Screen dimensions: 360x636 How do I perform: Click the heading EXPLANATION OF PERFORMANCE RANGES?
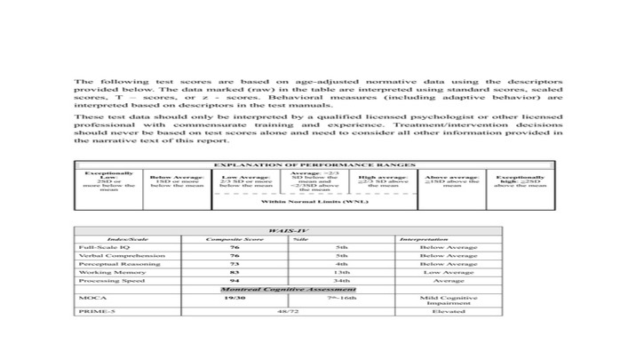(x=315, y=165)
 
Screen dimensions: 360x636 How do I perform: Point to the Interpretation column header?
(x=423, y=239)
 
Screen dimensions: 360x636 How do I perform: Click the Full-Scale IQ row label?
(x=98, y=247)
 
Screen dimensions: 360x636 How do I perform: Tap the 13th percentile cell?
(x=341, y=272)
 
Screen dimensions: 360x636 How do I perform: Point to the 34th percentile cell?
(x=341, y=281)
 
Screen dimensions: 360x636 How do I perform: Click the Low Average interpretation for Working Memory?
(x=448, y=272)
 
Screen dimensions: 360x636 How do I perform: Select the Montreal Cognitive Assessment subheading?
(x=288, y=290)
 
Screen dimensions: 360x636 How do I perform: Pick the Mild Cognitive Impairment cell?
(x=448, y=300)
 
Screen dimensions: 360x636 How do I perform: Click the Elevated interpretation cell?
(x=448, y=312)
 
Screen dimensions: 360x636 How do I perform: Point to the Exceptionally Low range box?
(x=108, y=181)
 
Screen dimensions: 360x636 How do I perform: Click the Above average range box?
(x=453, y=181)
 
